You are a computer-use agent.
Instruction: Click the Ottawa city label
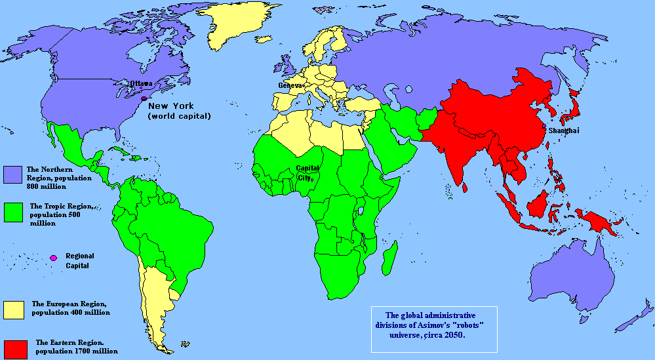coord(141,83)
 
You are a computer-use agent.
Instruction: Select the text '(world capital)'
coord(178,116)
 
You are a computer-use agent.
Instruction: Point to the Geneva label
coord(289,86)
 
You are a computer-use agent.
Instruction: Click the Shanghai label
coord(564,131)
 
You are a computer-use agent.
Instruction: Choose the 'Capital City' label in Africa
coord(308,172)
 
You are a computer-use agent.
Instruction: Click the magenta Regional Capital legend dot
coord(53,258)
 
